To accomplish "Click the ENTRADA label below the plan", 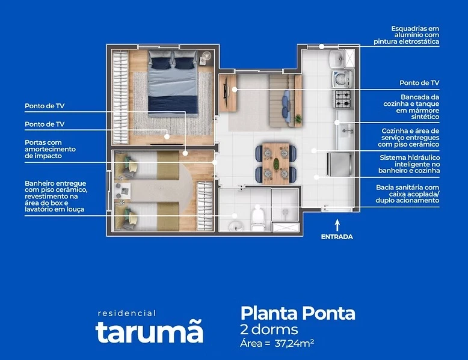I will [336, 237].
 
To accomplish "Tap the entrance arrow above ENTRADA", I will [337, 224].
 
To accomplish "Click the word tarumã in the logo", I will [149, 332].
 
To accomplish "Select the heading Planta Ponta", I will [298, 313].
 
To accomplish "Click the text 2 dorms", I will [269, 329].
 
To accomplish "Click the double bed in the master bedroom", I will [173, 81].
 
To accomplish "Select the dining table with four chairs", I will [276, 163].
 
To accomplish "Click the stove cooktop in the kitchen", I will [342, 96].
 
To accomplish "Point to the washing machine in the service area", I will [341, 78].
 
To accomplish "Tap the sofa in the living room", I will [286, 99].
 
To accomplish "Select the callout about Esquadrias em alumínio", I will [414, 35].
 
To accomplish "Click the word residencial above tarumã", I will [126, 313].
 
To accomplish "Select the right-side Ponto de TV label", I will [419, 83].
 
